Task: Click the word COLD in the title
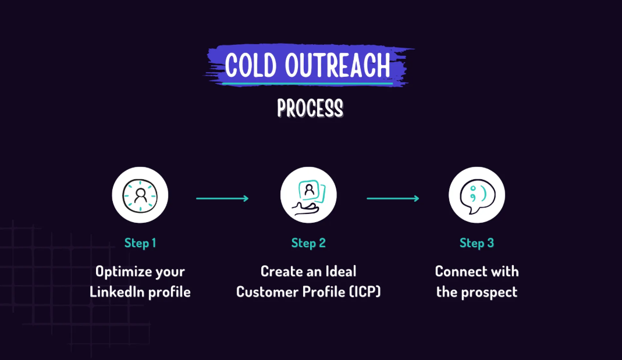pyautogui.click(x=251, y=65)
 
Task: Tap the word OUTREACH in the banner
pyautogui.click(x=337, y=65)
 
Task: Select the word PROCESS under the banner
pyautogui.click(x=310, y=108)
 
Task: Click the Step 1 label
pyautogui.click(x=140, y=243)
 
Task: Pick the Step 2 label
pyautogui.click(x=308, y=243)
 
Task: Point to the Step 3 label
pyautogui.click(x=477, y=243)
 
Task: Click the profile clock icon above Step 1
pyautogui.click(x=140, y=195)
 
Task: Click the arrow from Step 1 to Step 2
pyautogui.click(x=222, y=198)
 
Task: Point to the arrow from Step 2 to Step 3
pyautogui.click(x=393, y=198)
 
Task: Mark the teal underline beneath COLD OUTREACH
pyautogui.click(x=307, y=84)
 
